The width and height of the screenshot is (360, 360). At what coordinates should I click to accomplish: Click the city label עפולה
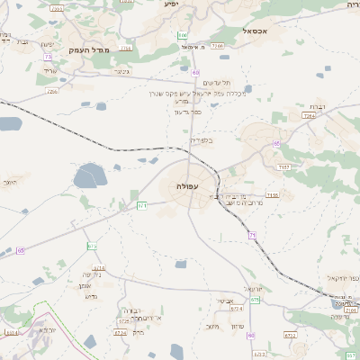[188, 186]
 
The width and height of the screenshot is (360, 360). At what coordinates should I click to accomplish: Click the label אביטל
[225, 301]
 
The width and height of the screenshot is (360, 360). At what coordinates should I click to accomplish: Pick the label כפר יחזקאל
[346, 276]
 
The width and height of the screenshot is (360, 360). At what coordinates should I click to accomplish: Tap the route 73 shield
[46, 57]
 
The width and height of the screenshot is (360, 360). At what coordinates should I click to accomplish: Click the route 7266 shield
[52, 91]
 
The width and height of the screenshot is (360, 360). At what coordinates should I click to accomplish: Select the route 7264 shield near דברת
[310, 116]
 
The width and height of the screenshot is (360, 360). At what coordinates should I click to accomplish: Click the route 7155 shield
[273, 194]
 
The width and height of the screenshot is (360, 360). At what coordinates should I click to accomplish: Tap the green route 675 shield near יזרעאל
[256, 300]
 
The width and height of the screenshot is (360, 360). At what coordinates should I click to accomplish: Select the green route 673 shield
[92, 246]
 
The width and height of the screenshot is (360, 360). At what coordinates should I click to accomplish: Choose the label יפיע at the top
[171, 4]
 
